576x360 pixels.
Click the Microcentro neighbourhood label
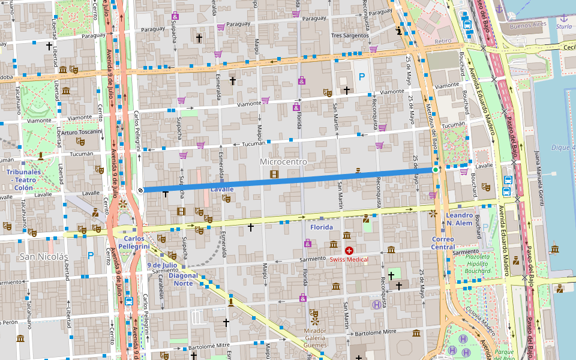point(283,162)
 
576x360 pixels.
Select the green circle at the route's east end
point(436,170)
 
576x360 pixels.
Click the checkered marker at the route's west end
point(140,190)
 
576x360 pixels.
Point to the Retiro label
point(442,41)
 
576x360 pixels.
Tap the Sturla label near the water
point(563,26)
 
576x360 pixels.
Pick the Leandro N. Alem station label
point(459,219)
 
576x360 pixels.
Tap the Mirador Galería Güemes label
point(315,338)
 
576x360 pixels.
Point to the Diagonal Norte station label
point(184,279)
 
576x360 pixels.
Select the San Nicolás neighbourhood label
point(44,257)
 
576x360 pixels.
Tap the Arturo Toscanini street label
point(82,132)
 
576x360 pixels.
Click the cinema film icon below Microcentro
point(274,174)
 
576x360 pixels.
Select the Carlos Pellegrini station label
point(133,242)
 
